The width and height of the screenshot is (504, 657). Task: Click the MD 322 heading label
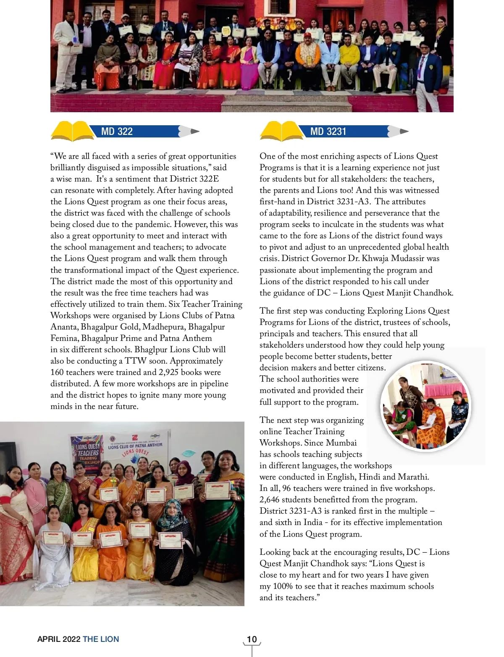coord(117,132)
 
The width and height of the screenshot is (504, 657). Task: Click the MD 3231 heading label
coord(328,132)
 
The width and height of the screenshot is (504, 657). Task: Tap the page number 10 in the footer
coord(252,639)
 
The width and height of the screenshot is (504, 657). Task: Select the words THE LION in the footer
coord(101,639)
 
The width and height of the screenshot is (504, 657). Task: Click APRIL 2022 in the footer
coord(59,639)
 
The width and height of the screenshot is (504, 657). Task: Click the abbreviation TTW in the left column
coord(136,361)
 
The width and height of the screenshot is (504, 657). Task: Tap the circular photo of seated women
coord(425,406)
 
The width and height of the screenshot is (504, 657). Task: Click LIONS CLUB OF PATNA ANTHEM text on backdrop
coord(135,446)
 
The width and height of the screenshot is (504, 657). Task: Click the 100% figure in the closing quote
coord(283,586)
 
